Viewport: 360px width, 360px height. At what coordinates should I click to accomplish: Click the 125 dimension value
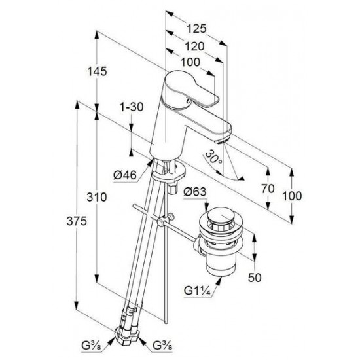(x=196, y=29)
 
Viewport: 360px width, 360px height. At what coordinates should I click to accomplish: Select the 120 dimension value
(x=194, y=46)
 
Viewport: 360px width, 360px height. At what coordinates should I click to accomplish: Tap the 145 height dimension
(x=97, y=71)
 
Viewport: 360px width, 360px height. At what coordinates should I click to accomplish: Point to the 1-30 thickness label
(x=132, y=107)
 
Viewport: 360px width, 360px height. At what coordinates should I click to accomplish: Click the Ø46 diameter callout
(x=125, y=175)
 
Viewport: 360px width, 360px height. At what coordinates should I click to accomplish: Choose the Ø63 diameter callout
(x=194, y=192)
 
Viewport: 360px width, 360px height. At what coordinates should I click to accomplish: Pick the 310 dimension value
(x=97, y=197)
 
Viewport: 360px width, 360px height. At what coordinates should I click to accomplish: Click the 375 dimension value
(x=77, y=221)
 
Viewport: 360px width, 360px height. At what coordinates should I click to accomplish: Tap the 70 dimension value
(x=268, y=189)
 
